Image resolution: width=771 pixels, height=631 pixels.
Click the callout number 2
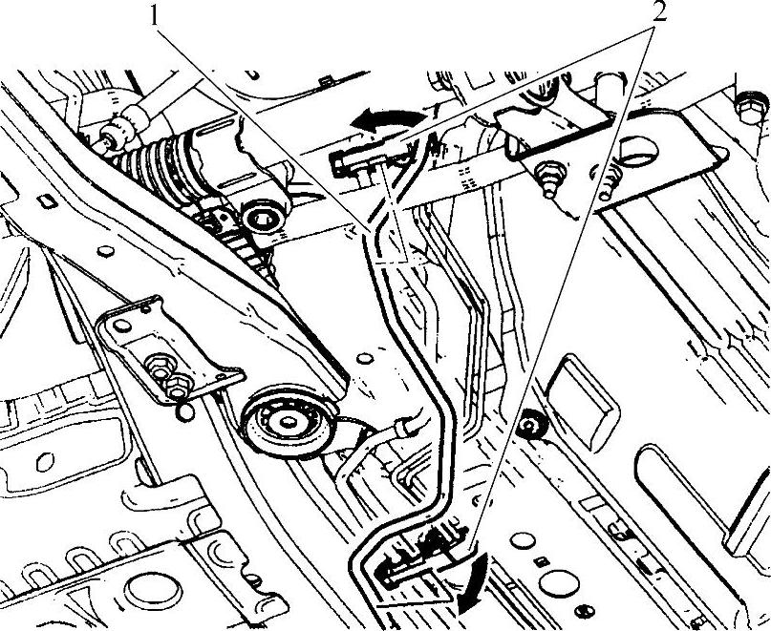click(656, 11)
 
